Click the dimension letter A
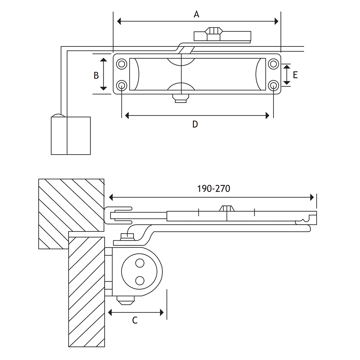(x=196, y=14)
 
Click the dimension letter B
(x=96, y=75)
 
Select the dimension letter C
(x=135, y=320)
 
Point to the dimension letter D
(x=195, y=124)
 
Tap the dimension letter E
(x=295, y=75)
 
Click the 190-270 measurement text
(x=214, y=189)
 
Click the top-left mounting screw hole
(x=122, y=64)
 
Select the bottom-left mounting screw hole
(x=122, y=85)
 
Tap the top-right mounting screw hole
(x=273, y=64)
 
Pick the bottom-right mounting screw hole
(x=273, y=85)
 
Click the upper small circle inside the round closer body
(x=139, y=263)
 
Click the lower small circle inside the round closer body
(x=139, y=280)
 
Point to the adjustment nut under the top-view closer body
(x=181, y=98)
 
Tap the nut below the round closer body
(x=125, y=300)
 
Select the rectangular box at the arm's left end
(x=71, y=136)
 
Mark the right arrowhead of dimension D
(x=267, y=115)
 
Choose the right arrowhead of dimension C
(x=162, y=313)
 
